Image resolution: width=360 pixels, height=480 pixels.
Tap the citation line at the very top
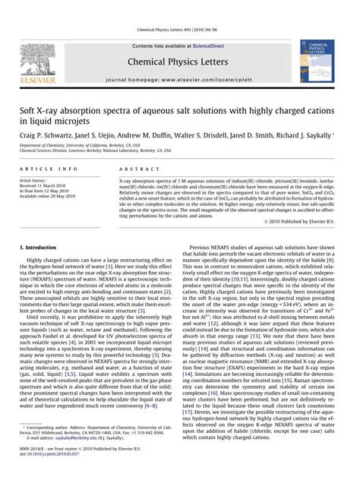click(179, 29)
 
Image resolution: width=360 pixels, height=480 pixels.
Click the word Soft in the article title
click(29, 109)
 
